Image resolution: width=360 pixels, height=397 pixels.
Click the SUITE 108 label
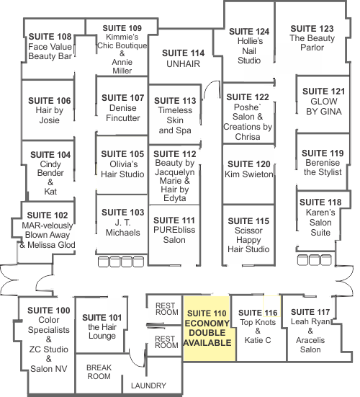point(50,37)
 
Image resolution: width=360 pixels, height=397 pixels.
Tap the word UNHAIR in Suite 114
point(183,64)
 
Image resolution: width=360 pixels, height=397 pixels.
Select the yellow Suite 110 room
point(209,329)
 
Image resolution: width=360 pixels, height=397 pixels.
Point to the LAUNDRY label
point(148,385)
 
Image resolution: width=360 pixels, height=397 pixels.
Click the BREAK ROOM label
point(99,372)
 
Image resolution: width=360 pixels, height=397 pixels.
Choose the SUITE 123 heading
point(312,29)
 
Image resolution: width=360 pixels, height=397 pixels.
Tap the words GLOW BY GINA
point(324,107)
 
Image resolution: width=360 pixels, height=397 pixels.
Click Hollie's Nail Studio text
point(249,50)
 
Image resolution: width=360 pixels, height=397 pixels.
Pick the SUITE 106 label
point(50,101)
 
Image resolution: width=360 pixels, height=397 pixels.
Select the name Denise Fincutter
point(123,113)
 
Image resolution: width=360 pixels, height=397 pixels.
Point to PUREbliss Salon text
point(174,235)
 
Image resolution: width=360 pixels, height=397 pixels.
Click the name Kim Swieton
point(249,174)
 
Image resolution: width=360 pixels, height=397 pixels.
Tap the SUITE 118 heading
point(320,202)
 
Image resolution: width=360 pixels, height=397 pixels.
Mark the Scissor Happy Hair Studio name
point(248,240)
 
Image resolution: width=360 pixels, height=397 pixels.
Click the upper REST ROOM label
point(167,309)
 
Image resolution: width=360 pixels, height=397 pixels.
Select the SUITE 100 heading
point(48,311)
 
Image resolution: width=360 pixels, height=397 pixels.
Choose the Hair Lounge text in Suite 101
point(102,331)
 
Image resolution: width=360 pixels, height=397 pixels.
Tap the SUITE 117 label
point(310,312)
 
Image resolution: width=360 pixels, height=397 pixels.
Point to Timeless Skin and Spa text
point(175,120)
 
